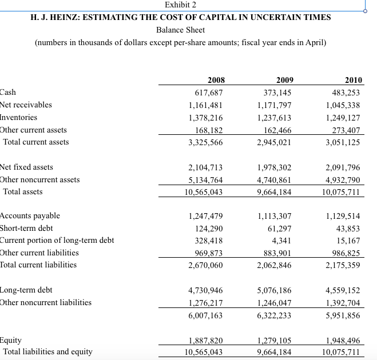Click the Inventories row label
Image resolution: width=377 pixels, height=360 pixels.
pos(19,117)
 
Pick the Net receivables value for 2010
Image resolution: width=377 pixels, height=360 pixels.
pos(343,105)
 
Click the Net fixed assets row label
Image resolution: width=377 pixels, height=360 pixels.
pos(27,167)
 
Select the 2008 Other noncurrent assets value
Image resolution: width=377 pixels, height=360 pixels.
pos(205,180)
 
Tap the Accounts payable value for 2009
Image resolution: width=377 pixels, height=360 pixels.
pos(275,216)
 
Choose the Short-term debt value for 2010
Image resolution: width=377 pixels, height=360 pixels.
pos(348,229)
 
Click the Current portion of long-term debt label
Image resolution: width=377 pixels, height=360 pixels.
pos(57,240)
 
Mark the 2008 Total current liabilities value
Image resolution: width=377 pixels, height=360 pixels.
pos(205,265)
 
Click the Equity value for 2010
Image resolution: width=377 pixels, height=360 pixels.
pos(343,339)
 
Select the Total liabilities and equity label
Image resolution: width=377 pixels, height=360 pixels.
pos(48,351)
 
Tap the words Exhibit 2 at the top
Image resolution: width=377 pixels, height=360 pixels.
pos(180,5)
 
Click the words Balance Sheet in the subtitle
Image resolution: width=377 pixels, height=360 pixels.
pos(180,30)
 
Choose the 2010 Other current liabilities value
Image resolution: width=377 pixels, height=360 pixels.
pos(346,253)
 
